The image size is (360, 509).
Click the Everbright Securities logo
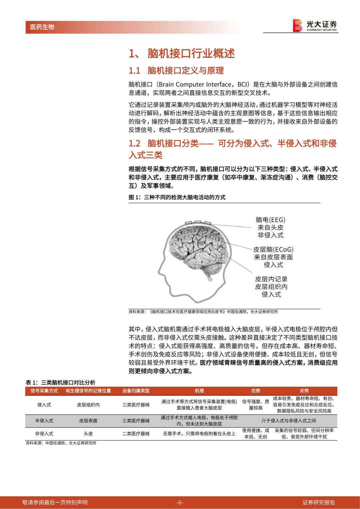click(315, 26)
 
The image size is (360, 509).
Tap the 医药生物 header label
click(42, 27)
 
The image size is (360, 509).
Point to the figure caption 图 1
click(177, 197)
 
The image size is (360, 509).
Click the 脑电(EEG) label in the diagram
click(270, 220)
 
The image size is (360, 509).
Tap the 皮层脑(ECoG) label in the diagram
click(273, 250)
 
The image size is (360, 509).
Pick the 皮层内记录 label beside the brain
click(271, 279)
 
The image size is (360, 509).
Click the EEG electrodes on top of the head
click(198, 222)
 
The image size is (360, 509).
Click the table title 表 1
click(60, 382)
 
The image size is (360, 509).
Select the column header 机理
click(199, 391)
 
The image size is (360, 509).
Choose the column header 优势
click(256, 391)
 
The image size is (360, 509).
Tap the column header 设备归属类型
click(136, 391)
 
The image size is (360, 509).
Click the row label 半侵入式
click(44, 421)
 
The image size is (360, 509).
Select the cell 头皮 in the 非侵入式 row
click(88, 434)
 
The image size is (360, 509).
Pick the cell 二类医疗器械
click(136, 434)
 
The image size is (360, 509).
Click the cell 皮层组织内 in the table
click(88, 405)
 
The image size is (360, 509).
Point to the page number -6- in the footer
click(180, 502)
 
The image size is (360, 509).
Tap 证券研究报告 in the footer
click(318, 502)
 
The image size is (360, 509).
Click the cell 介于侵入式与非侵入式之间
click(289, 421)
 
